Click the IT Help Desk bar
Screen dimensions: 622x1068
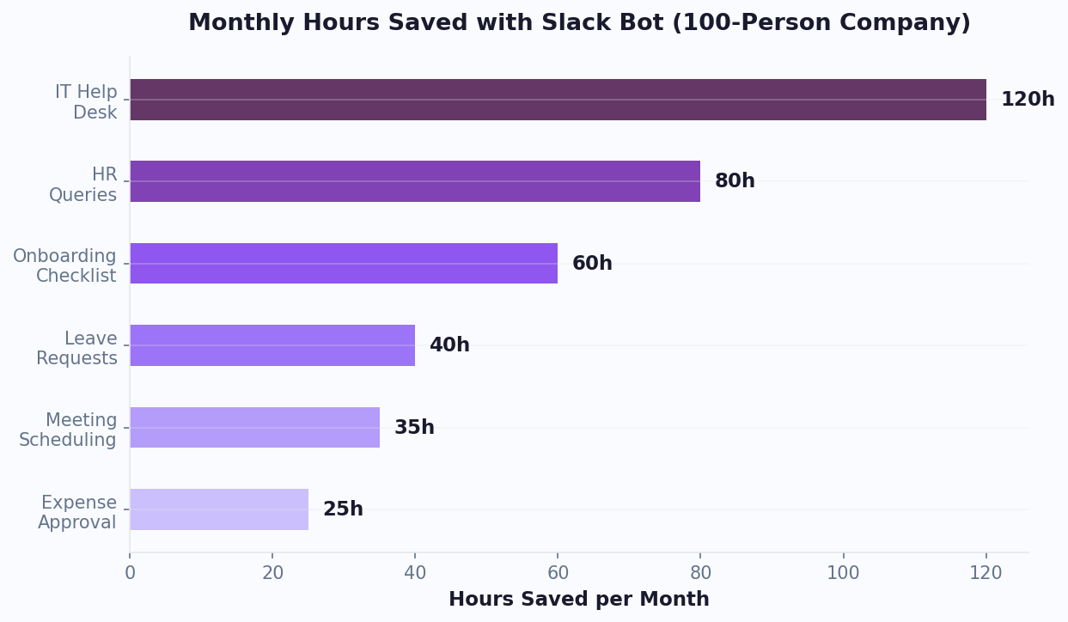[558, 100]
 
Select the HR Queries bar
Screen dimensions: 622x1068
[415, 181]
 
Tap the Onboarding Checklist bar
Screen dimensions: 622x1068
[344, 264]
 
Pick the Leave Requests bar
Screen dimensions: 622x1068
[272, 345]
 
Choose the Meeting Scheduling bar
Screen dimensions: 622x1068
[254, 428]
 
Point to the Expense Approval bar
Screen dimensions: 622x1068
[219, 509]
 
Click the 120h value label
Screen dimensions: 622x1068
[1028, 100]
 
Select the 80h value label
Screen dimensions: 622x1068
[735, 181]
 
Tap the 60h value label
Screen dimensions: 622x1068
[592, 264]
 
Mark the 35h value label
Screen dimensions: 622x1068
[414, 428]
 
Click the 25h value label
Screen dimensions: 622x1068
[343, 509]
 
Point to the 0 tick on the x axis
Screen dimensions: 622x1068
[130, 573]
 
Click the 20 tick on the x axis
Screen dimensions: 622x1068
[272, 573]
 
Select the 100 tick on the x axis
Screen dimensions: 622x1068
[843, 573]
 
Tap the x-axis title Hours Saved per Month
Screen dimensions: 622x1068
[579, 600]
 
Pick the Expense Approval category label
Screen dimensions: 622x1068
[78, 512]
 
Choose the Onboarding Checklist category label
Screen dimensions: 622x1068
[65, 265]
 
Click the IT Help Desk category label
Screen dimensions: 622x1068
[86, 101]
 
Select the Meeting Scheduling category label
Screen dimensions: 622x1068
[69, 430]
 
